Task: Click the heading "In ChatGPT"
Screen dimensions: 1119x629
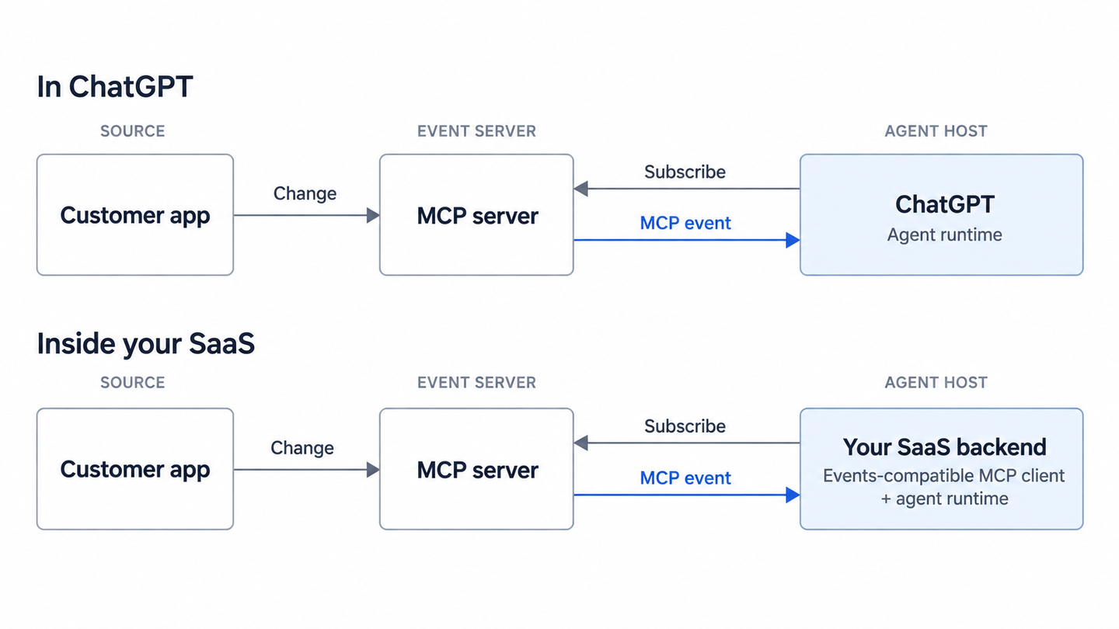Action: point(115,87)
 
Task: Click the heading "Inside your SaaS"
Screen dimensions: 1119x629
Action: point(146,344)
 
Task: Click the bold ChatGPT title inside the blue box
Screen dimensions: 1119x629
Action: point(945,204)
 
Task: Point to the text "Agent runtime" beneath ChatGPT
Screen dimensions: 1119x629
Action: point(945,235)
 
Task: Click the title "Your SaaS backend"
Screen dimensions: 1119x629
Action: point(944,447)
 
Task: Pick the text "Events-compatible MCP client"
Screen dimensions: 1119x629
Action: point(943,476)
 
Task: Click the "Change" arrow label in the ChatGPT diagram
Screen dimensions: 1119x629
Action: point(305,193)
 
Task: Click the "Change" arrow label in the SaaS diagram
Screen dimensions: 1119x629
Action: point(302,448)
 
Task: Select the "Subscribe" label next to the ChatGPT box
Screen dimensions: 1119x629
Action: point(685,172)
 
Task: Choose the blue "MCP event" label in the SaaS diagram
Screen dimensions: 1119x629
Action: point(685,478)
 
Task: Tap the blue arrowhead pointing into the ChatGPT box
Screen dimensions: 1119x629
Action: point(793,240)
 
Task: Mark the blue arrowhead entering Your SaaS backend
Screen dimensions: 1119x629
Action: point(793,495)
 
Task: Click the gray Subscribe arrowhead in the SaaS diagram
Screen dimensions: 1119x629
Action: point(580,443)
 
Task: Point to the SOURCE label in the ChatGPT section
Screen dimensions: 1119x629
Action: point(132,131)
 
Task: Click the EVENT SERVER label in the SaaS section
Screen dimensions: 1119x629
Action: point(476,382)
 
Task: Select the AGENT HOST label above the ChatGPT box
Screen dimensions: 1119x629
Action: point(936,131)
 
